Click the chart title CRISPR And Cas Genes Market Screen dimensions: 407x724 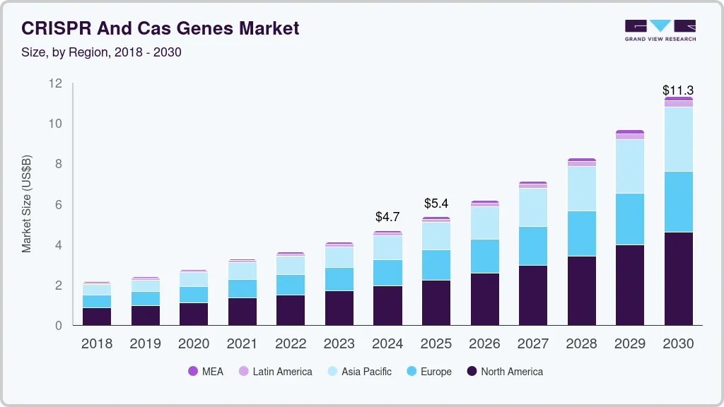coord(160,28)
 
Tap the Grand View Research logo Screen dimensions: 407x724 coord(660,30)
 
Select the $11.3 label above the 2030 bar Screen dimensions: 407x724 coord(677,90)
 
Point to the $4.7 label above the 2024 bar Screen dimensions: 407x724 coord(387,217)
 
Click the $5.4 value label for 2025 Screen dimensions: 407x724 coord(436,203)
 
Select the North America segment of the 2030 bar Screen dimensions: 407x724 coord(678,278)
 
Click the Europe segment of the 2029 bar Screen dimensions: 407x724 coord(629,219)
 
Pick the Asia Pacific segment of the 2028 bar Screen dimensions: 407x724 coord(581,189)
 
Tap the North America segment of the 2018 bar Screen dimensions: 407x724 coord(97,317)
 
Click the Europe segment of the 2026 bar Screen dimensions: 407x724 coord(484,256)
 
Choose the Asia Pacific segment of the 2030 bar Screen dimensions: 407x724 coord(678,139)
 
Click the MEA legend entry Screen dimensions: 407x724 coord(206,372)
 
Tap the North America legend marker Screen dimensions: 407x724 coord(471,372)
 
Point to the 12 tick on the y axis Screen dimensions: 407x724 coord(56,83)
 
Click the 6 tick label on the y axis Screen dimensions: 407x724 coord(59,205)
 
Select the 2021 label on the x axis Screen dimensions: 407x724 coord(242,344)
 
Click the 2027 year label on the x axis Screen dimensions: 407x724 coord(532,344)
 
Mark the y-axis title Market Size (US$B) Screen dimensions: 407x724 coord(27,204)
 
